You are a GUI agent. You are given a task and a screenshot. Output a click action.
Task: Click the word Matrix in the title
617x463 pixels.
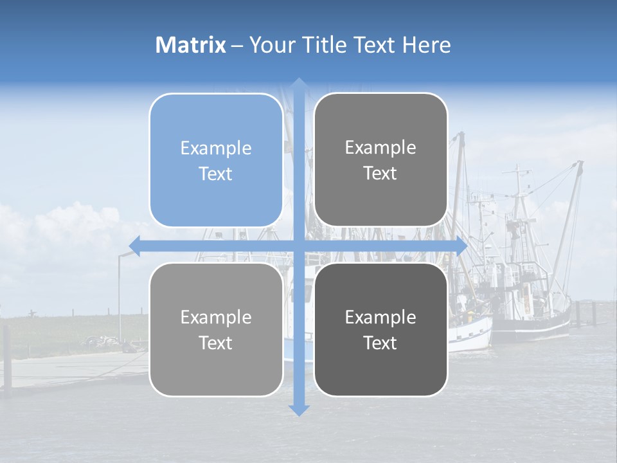pos(191,45)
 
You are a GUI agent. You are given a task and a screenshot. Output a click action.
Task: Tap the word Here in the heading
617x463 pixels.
pos(426,45)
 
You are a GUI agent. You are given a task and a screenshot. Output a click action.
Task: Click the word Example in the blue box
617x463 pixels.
pos(216,149)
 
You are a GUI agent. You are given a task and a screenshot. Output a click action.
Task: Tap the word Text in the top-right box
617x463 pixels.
pos(380,174)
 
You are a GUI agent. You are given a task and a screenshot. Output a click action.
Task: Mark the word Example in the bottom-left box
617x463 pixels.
pos(216,317)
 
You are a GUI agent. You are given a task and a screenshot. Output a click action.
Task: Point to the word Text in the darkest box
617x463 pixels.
pos(380,343)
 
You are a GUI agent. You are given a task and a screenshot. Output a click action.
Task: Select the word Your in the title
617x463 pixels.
pos(267,45)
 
